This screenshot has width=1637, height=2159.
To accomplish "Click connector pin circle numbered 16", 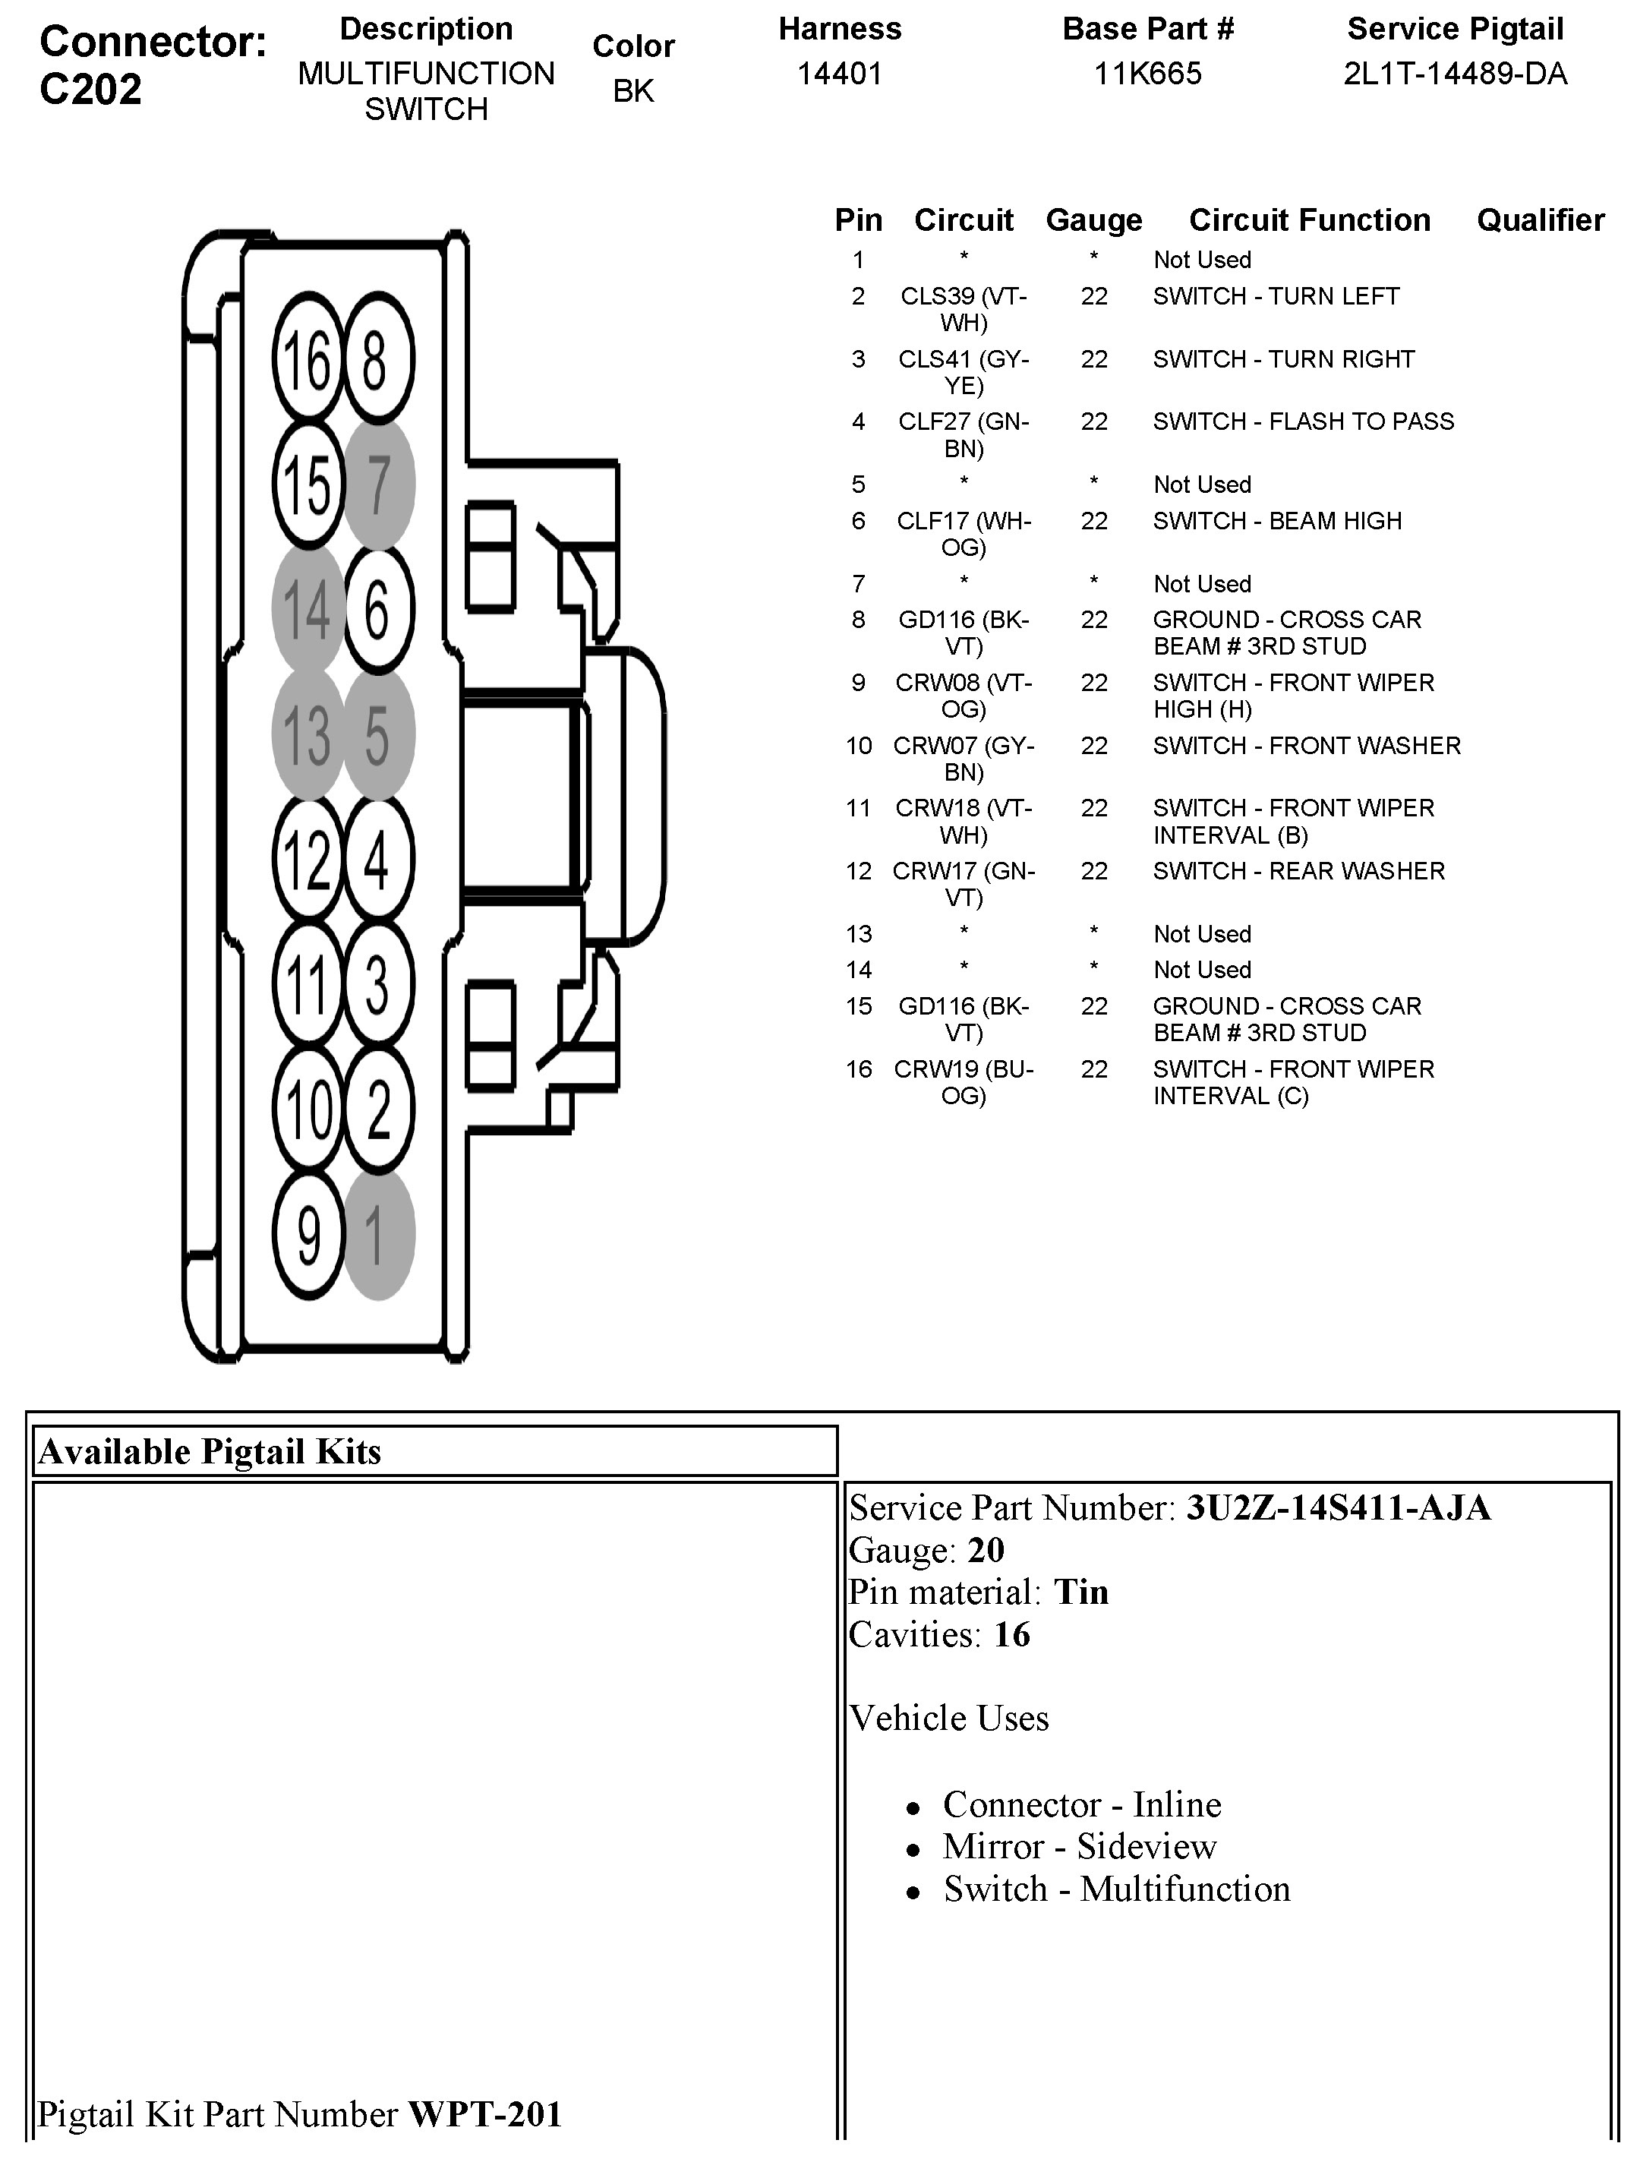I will pos(308,359).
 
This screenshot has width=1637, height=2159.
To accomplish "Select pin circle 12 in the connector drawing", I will pos(308,859).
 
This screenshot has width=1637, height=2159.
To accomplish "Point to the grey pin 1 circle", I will pos(379,1234).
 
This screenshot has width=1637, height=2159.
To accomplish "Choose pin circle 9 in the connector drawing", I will pos(308,1234).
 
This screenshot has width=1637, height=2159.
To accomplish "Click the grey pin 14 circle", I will pos(308,608).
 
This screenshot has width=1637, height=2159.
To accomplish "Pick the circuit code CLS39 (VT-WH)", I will pos(964,308).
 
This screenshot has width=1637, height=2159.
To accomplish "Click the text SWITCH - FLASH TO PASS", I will pos(1303,421).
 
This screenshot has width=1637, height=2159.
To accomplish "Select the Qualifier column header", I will pos(1539,220).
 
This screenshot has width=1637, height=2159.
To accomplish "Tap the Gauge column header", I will pos(1093,220).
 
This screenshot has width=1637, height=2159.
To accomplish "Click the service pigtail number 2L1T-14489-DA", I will pos(1455,74).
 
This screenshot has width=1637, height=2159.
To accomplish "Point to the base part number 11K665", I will pos(1147,74).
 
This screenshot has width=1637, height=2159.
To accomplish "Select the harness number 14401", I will pos(840,74).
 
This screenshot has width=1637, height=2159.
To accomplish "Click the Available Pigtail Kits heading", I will pos(210,1452).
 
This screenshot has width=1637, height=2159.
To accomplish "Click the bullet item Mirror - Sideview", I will pos(1080,1847).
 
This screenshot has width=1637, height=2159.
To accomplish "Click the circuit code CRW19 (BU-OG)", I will pos(964,1081).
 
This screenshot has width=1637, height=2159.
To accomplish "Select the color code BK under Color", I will pos(633,91).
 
